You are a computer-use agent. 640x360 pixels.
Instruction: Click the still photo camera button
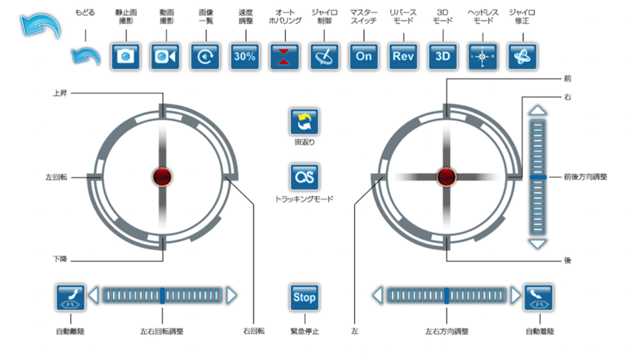point(125,57)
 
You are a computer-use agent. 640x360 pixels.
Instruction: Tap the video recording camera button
point(164,57)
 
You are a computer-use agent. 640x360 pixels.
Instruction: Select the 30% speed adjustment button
point(245,57)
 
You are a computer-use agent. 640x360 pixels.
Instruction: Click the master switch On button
point(364,57)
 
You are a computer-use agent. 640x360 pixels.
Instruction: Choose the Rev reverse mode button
point(403,57)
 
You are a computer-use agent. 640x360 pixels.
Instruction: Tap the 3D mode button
point(443,57)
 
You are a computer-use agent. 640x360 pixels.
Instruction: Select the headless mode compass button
point(482,57)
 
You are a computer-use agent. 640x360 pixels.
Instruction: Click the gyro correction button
point(522,57)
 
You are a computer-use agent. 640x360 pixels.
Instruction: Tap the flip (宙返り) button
point(305,122)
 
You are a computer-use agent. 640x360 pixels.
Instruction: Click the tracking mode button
point(305,177)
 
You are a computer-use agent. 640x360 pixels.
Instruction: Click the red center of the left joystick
point(162,177)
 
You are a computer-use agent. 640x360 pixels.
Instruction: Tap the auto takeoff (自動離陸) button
point(71,297)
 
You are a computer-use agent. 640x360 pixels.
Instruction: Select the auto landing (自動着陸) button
point(538,297)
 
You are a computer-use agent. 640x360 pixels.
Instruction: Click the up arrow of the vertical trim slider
point(538,111)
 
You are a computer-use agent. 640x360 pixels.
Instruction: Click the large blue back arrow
point(40,26)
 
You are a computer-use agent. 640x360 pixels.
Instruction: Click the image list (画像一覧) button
point(204,57)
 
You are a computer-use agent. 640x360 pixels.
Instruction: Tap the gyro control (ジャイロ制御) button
point(324,57)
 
